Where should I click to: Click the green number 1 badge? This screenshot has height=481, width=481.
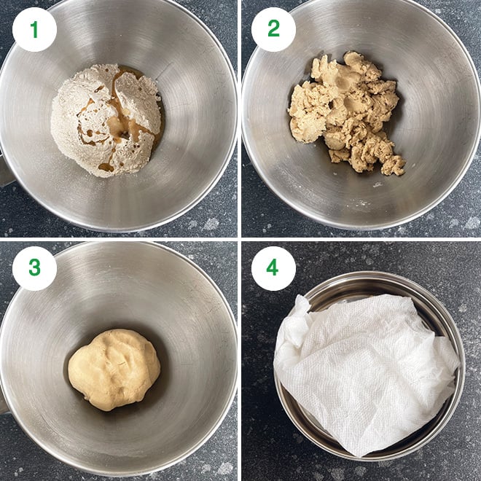click(x=34, y=29)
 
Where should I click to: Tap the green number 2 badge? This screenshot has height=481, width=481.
click(x=273, y=29)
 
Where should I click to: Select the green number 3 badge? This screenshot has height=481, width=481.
click(x=34, y=268)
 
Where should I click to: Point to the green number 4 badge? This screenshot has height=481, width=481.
click(x=273, y=268)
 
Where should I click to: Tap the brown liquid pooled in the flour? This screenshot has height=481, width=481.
click(x=117, y=128)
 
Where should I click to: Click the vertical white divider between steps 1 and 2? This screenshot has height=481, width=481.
click(x=240, y=117)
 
